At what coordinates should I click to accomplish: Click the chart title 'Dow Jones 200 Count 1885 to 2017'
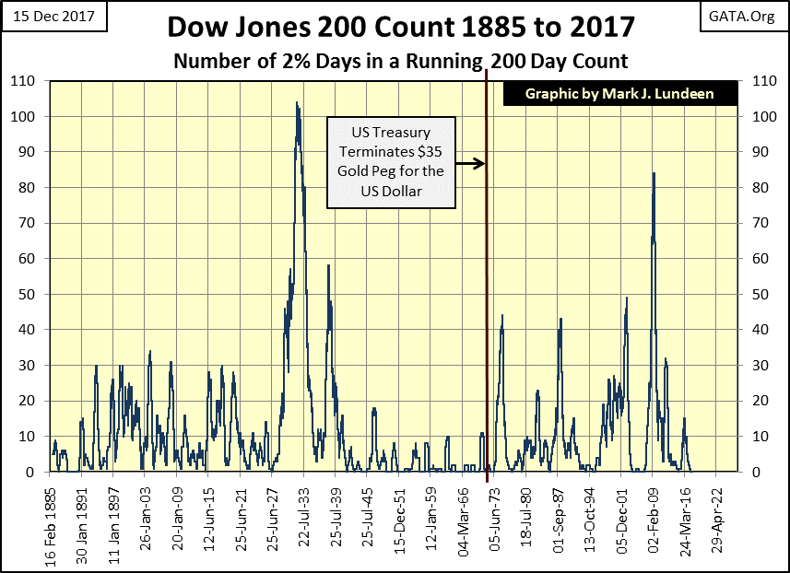[x=401, y=27]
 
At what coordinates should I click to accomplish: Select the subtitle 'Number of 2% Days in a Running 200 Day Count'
[x=401, y=61]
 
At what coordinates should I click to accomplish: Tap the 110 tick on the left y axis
[x=29, y=81]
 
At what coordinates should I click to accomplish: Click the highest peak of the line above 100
[x=297, y=102]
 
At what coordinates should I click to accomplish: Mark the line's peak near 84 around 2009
[x=654, y=173]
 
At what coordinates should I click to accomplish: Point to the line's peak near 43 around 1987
[x=560, y=319]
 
